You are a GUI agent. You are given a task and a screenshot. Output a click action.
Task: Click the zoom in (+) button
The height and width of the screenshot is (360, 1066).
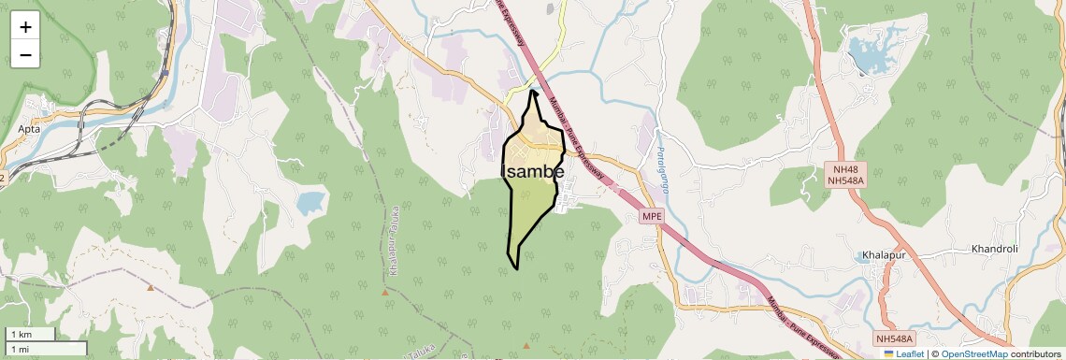click(x=25, y=27)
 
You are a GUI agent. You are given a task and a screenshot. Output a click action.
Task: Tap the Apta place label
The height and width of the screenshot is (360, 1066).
click(x=29, y=129)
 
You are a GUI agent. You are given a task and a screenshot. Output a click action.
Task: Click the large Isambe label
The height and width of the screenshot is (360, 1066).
click(x=533, y=172)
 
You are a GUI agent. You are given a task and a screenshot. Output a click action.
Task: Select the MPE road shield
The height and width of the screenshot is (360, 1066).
click(x=652, y=216)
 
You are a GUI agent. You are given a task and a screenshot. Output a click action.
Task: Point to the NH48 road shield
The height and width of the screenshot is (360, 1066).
click(x=844, y=169)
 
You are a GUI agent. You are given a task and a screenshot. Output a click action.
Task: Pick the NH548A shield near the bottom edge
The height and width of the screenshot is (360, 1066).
click(x=894, y=338)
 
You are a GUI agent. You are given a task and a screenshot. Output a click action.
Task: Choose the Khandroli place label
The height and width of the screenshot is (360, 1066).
click(x=994, y=249)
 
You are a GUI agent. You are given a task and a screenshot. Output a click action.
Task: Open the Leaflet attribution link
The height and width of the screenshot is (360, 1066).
click(x=903, y=354)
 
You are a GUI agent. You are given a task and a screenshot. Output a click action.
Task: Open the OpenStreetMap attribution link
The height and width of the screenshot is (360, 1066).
click(x=974, y=354)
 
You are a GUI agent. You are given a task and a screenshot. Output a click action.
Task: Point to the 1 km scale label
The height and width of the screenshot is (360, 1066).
click(x=21, y=335)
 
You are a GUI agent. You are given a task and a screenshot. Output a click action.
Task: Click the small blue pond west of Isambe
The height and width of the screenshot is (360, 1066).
click(x=310, y=201)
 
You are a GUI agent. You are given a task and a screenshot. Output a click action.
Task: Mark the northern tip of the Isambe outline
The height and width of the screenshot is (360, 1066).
click(x=533, y=91)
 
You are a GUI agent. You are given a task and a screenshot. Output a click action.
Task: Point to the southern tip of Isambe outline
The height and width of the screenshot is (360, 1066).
click(x=517, y=269)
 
